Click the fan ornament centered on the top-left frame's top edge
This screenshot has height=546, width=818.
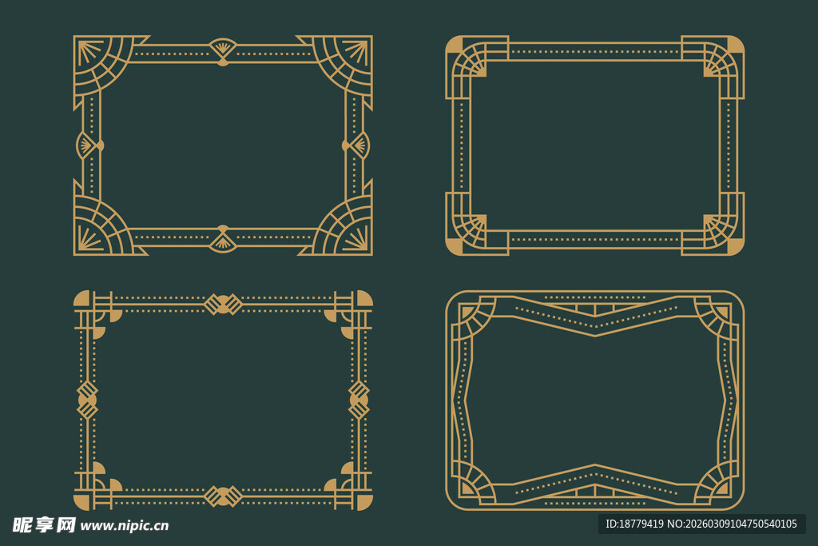click(223, 50)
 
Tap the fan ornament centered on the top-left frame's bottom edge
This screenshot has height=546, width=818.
click(223, 239)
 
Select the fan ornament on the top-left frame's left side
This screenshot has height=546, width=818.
click(89, 145)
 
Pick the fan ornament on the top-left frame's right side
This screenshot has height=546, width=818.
click(356, 145)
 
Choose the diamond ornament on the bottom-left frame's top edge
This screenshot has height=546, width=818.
click(223, 304)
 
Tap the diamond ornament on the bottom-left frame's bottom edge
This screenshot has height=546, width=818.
click(223, 496)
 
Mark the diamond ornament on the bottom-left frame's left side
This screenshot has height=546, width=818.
click(87, 400)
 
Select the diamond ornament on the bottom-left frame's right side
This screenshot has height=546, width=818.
click(359, 400)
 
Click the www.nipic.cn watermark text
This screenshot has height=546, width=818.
click(125, 525)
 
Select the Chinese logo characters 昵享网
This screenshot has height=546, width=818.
click(44, 524)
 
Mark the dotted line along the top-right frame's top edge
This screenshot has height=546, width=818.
click(594, 52)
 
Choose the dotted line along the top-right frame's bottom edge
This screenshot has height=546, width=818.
click(594, 239)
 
